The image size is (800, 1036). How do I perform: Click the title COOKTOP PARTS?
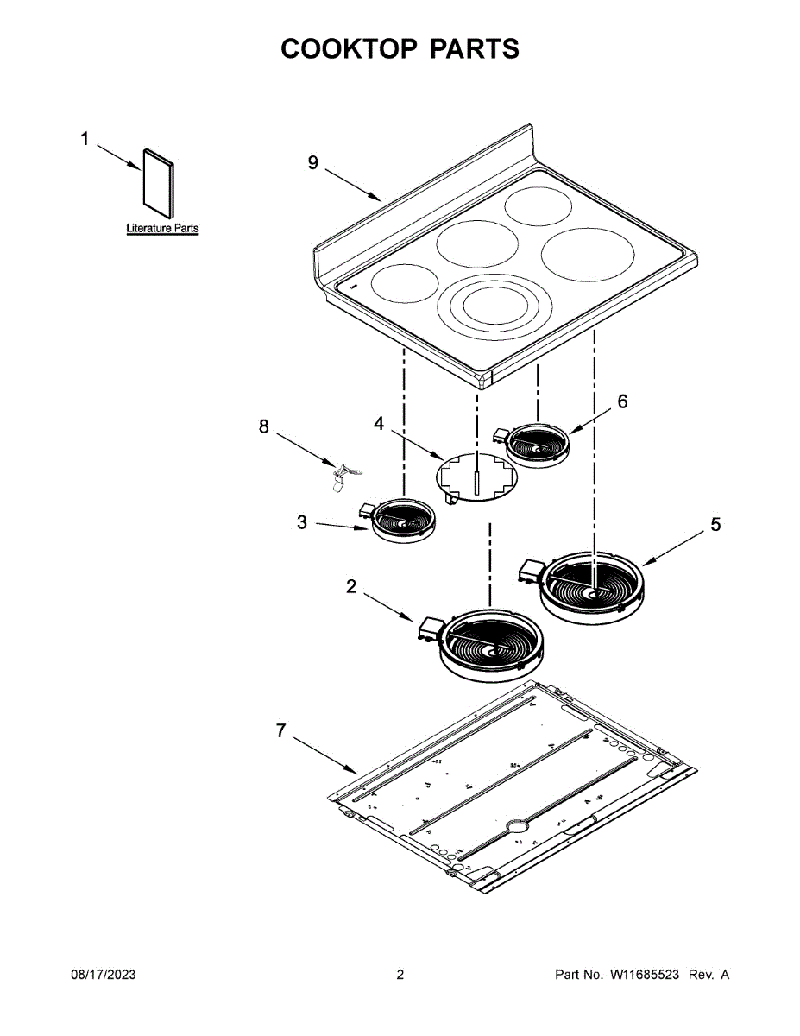pyautogui.click(x=400, y=49)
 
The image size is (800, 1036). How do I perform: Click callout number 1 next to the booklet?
pyautogui.click(x=85, y=139)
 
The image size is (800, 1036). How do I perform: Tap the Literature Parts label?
pyautogui.click(x=162, y=229)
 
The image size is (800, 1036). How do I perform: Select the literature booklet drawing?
pyautogui.click(x=158, y=184)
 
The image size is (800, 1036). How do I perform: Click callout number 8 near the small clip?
pyautogui.click(x=265, y=426)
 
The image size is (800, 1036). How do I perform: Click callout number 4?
pyautogui.click(x=379, y=423)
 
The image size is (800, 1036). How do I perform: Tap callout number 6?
pyautogui.click(x=622, y=401)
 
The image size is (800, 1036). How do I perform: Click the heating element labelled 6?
pyautogui.click(x=537, y=446)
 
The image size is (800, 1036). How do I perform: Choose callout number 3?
pyautogui.click(x=301, y=522)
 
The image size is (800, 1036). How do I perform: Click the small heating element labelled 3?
pyautogui.click(x=402, y=521)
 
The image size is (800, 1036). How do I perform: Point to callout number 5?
pyautogui.click(x=715, y=524)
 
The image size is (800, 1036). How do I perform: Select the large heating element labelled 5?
pyautogui.click(x=592, y=584)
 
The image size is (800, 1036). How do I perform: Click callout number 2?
pyautogui.click(x=350, y=586)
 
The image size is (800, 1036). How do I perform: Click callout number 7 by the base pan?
pyautogui.click(x=280, y=730)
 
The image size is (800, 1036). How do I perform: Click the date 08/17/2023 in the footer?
pyautogui.click(x=103, y=975)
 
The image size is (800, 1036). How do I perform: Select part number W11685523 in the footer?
pyautogui.click(x=647, y=975)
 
